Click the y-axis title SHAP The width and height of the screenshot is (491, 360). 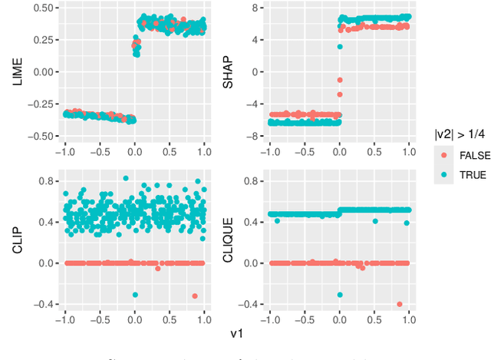(227, 71)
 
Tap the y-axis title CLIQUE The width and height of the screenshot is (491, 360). (227, 243)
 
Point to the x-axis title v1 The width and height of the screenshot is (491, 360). (237, 334)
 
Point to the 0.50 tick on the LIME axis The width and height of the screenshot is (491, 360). (41, 8)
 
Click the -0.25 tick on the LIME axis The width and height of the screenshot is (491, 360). (39, 104)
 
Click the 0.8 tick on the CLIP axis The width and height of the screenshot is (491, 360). (44, 181)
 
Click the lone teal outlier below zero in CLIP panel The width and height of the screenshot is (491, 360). (135, 295)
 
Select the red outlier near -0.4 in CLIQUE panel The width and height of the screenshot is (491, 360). (400, 304)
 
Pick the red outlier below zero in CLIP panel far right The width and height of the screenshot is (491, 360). (195, 296)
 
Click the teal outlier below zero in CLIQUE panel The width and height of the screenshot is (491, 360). (340, 295)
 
